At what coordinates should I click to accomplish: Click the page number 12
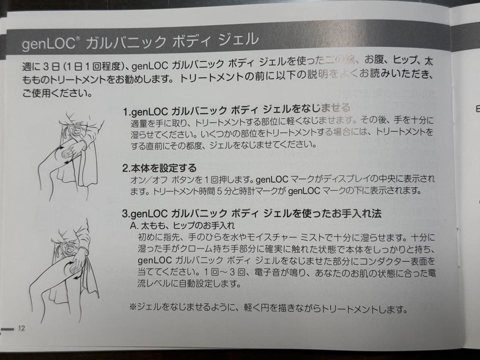[x=22, y=328]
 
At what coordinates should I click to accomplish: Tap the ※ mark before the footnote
[x=133, y=307]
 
